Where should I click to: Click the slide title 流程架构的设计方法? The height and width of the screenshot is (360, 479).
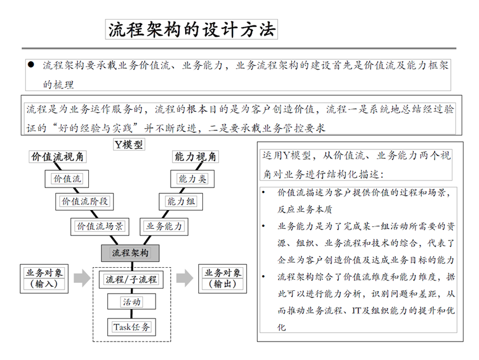192,29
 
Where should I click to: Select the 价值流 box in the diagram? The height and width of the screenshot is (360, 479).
67,179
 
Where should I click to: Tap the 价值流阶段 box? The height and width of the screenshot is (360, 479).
84,202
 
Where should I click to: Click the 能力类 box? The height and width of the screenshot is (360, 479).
192,179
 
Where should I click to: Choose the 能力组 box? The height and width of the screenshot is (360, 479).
181,202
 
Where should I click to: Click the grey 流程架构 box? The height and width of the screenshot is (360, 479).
130,252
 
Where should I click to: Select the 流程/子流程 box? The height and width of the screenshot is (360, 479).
130,280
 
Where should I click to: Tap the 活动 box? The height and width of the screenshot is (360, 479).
131,302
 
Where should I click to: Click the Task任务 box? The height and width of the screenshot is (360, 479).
131,327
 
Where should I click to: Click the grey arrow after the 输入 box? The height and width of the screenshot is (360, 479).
83,279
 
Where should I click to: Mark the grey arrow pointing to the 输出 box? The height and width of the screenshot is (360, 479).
184,279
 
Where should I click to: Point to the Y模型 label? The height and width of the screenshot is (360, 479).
129,145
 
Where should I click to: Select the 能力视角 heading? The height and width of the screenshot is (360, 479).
195,157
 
